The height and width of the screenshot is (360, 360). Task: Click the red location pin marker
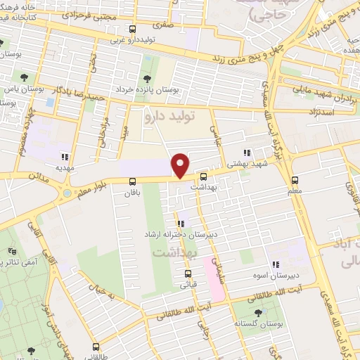[x=181, y=165]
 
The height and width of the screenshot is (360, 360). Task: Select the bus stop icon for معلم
[x=295, y=179]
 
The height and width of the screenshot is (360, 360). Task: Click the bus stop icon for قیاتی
[x=188, y=274]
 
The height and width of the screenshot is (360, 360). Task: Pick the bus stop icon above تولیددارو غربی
[x=132, y=29]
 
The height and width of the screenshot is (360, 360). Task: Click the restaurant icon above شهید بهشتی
[x=246, y=152]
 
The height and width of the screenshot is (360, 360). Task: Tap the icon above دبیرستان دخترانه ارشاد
[x=181, y=224]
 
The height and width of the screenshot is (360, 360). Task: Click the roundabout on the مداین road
[x=67, y=192]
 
